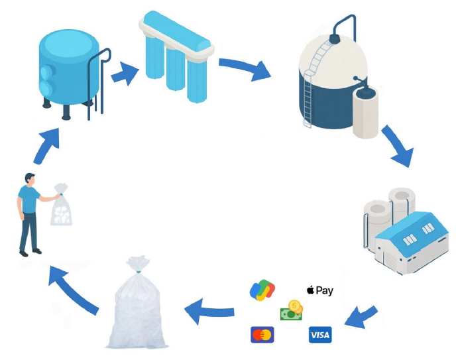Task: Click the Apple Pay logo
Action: (319, 290)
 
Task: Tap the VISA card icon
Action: (320, 334)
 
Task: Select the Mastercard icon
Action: (262, 335)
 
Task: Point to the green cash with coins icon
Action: (292, 310)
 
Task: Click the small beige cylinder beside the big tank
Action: (365, 111)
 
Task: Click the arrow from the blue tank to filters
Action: (123, 74)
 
